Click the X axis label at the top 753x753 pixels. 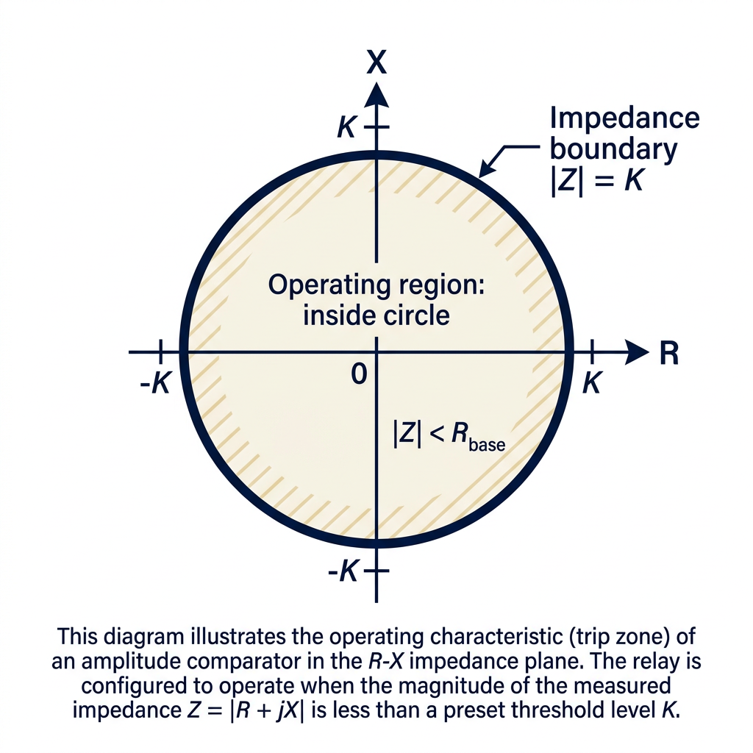tap(376, 62)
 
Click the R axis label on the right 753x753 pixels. tap(669, 354)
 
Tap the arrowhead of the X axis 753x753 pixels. tap(376, 94)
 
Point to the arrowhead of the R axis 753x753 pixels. tap(636, 352)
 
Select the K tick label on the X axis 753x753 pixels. tap(346, 127)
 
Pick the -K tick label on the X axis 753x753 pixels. tap(343, 571)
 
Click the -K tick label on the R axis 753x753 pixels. tap(155, 384)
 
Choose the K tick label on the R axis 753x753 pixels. tap(592, 384)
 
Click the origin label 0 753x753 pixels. tap(359, 374)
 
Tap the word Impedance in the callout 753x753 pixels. tap(625, 118)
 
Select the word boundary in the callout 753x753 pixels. tap(613, 149)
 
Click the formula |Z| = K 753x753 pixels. tap(596, 181)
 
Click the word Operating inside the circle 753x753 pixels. tap(323, 286)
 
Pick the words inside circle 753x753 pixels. tap(376, 315)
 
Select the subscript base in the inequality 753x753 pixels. tap(487, 445)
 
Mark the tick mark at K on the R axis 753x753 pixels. tap(592, 352)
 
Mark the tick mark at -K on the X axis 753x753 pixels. tap(376, 571)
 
